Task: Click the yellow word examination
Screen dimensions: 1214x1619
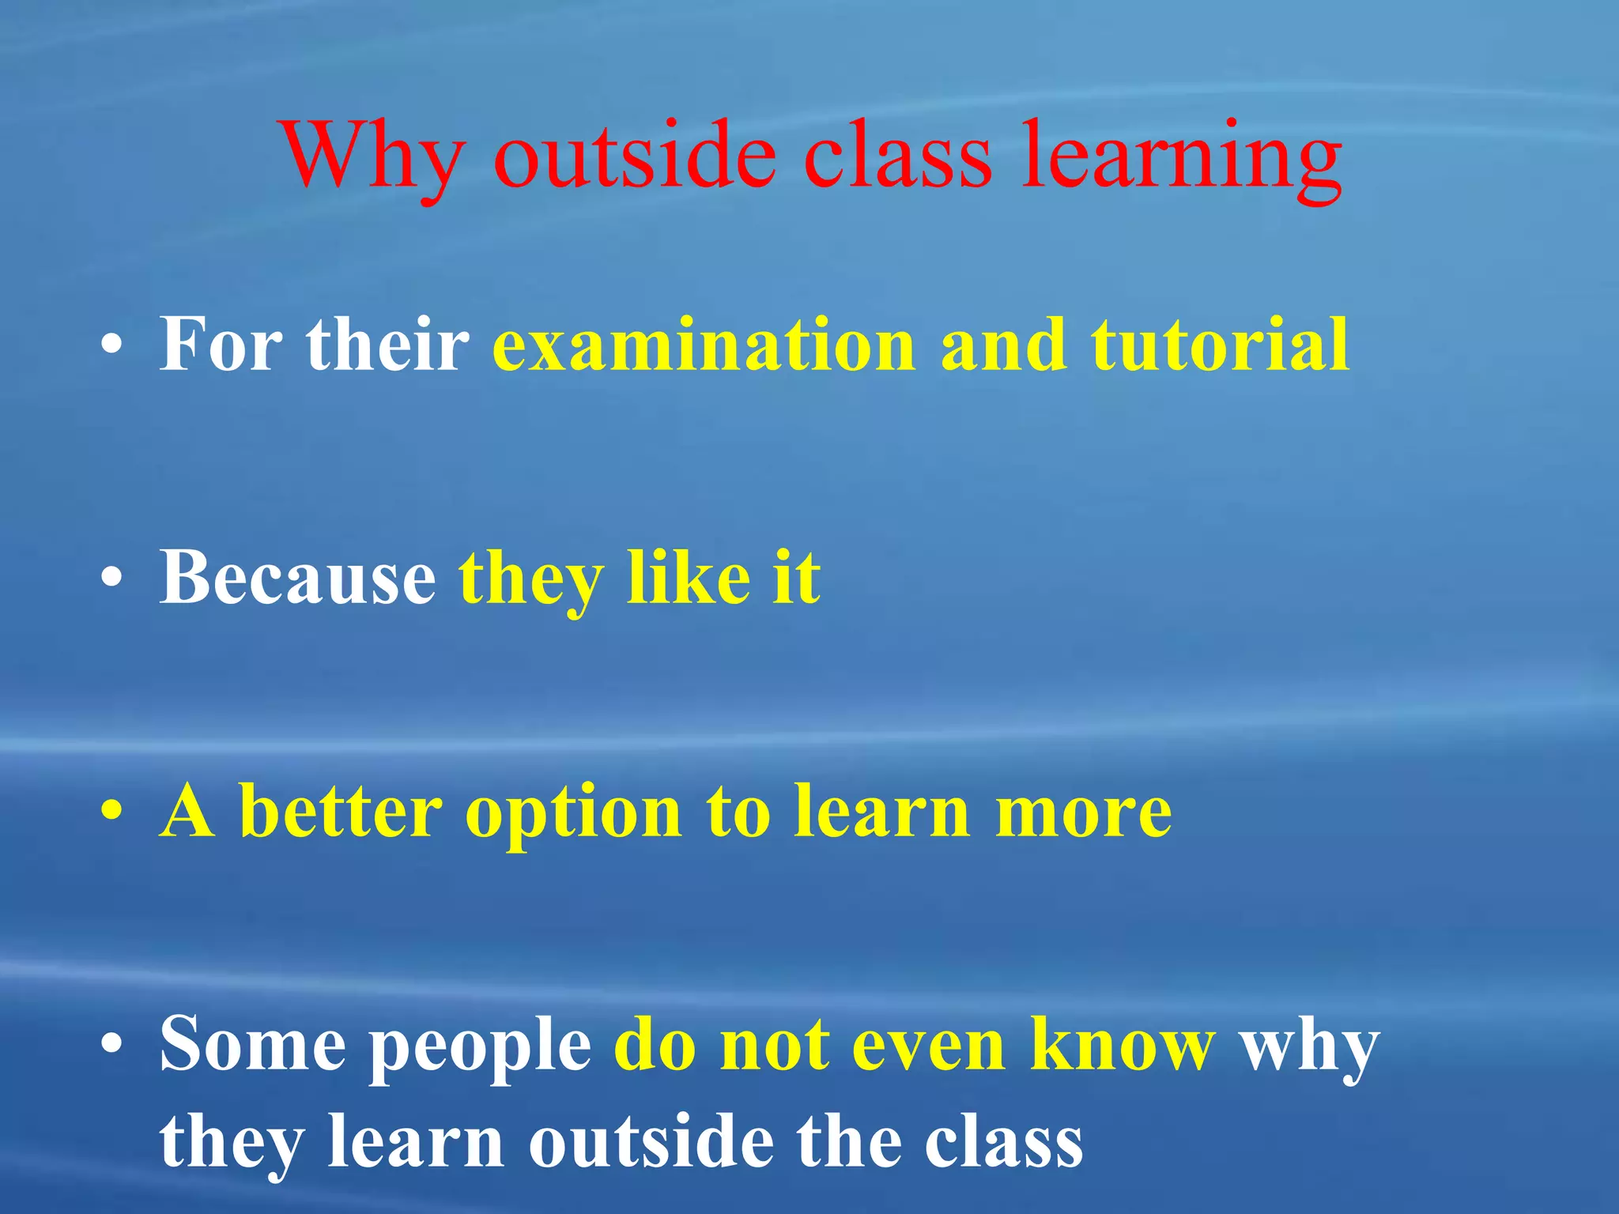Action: point(704,345)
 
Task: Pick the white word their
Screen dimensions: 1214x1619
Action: point(387,345)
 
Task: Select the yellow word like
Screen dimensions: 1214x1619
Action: point(688,578)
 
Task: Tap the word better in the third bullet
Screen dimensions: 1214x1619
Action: point(340,811)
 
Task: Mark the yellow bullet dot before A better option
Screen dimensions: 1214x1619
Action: point(112,812)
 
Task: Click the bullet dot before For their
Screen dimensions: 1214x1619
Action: point(112,346)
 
